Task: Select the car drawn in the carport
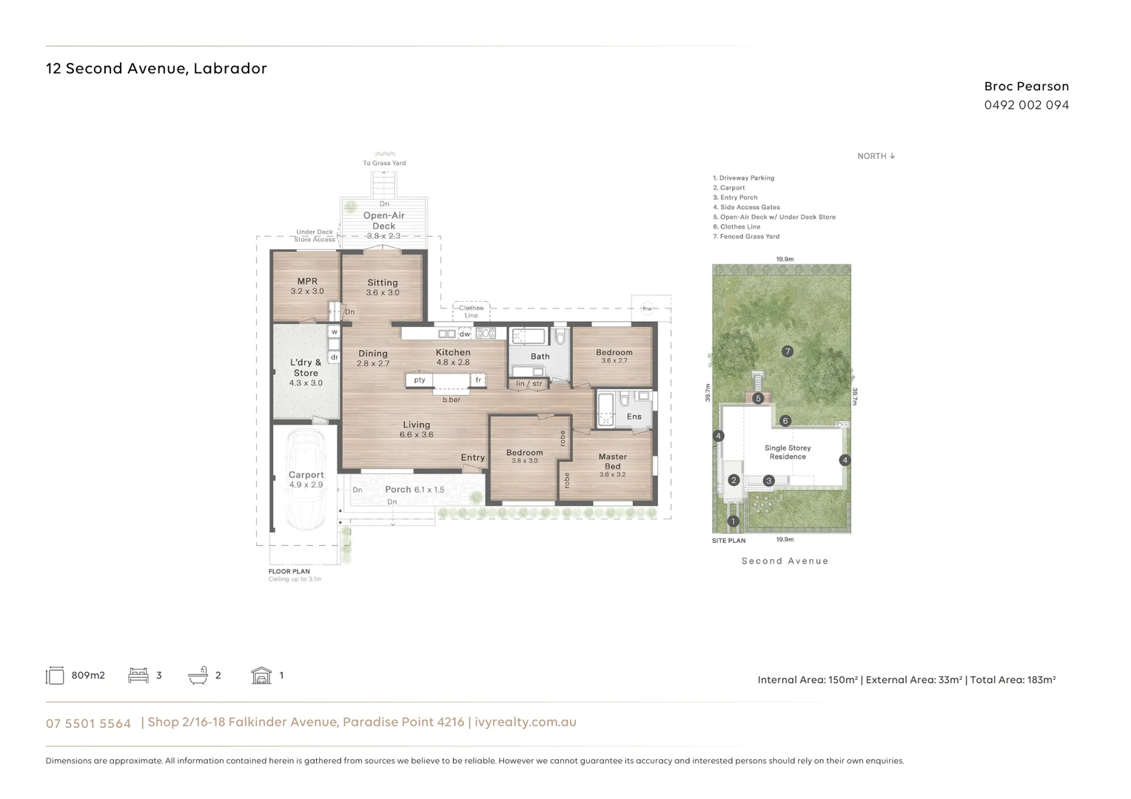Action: tap(306, 481)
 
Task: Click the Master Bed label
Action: tap(612, 462)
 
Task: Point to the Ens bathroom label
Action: tap(634, 417)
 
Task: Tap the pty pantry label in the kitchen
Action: tap(420, 380)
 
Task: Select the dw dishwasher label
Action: tap(465, 334)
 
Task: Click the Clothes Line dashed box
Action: tap(471, 311)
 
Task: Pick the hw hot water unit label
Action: tap(647, 309)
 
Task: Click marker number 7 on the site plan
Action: tap(788, 351)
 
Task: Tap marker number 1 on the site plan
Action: tap(734, 522)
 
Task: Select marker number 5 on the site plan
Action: tap(758, 399)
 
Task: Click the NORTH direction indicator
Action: tap(876, 156)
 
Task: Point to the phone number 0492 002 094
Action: tap(1026, 105)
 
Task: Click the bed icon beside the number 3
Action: tap(138, 675)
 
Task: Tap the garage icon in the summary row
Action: tap(261, 675)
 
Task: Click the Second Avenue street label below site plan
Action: tap(785, 561)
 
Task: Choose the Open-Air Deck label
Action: tap(383, 220)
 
